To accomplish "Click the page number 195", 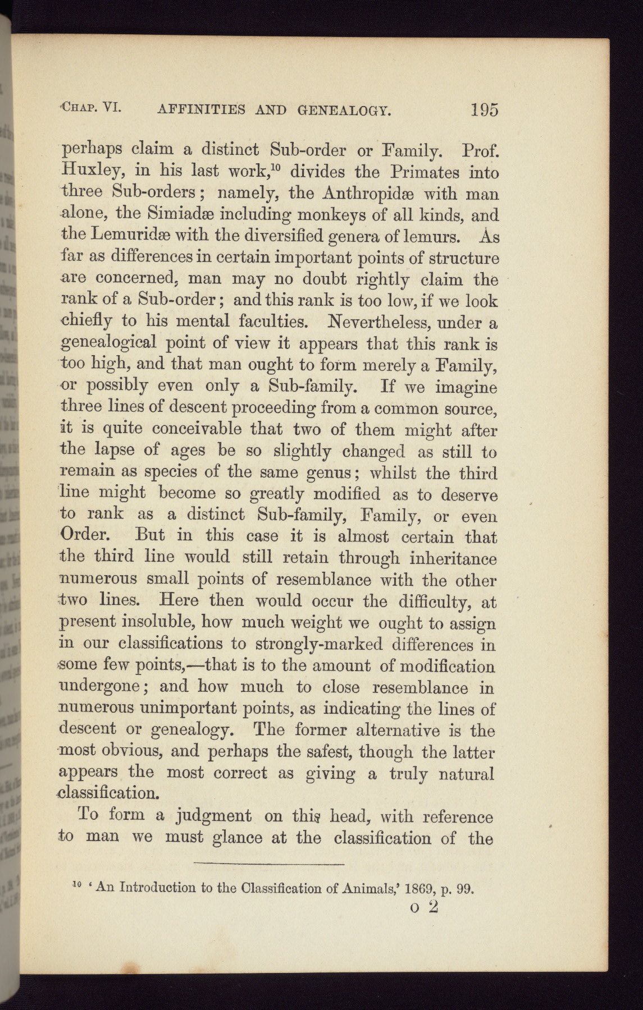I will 484,109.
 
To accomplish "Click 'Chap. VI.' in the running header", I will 90,107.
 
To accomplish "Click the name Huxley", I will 85,171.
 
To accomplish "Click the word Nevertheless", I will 380,322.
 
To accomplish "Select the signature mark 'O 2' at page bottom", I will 424,907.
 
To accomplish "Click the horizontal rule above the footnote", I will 268,864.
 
